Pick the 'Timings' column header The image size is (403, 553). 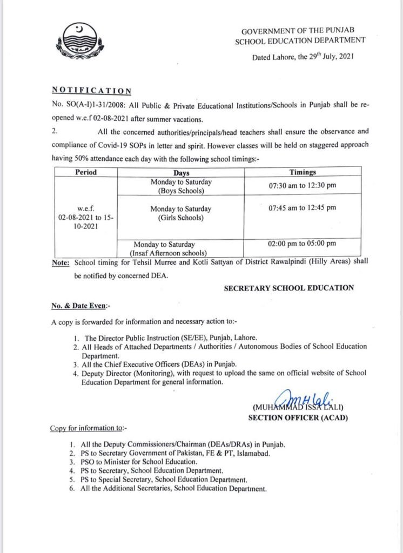(x=303, y=173)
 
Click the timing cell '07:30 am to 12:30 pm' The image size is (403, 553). (x=302, y=186)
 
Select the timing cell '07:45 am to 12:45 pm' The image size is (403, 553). (x=302, y=207)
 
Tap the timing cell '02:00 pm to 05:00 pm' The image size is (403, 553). (x=302, y=244)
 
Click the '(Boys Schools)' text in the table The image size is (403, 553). (x=181, y=191)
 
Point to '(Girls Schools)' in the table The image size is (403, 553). (x=181, y=218)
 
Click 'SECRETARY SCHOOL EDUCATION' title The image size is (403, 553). (x=289, y=288)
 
